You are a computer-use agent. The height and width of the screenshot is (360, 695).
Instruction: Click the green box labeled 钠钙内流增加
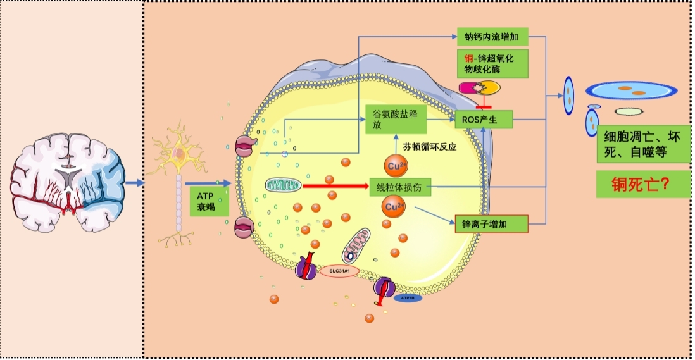click(x=492, y=37)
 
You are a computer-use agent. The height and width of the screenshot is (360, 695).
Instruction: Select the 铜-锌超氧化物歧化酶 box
click(x=492, y=64)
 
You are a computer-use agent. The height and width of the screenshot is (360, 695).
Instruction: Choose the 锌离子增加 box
click(x=491, y=223)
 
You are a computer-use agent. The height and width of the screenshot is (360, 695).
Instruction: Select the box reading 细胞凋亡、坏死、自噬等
click(x=642, y=145)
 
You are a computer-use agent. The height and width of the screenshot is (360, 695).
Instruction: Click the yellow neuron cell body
click(x=180, y=152)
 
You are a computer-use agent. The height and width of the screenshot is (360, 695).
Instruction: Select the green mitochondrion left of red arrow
click(x=283, y=186)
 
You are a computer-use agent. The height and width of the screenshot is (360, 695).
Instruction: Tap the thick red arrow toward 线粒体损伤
click(x=335, y=186)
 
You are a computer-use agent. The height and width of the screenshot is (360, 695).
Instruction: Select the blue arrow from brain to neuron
click(x=135, y=183)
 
